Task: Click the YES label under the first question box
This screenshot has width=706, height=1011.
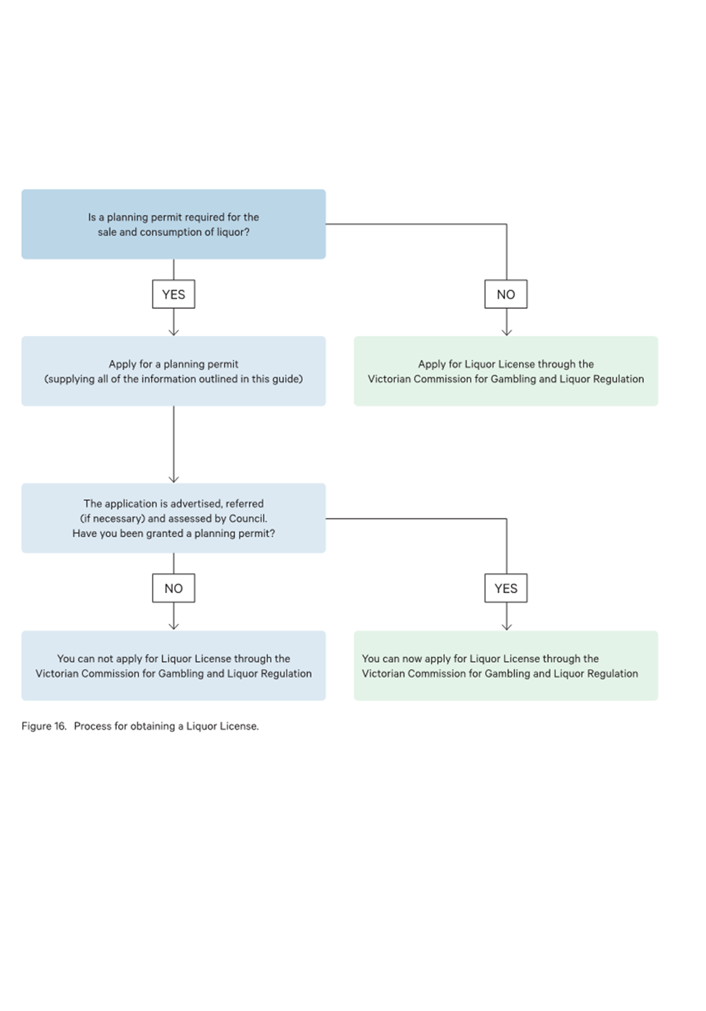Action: pos(174,294)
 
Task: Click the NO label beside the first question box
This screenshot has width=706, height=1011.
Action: pos(506,294)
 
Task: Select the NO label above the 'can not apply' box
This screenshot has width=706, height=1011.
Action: pos(174,588)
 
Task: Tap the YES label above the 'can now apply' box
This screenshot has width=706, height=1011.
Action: pos(506,588)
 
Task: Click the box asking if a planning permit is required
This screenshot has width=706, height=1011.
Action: pos(174,224)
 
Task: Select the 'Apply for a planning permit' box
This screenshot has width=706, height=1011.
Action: pos(174,371)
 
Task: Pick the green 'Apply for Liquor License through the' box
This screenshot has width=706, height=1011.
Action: pos(506,371)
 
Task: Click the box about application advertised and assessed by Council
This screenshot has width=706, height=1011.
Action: pos(174,518)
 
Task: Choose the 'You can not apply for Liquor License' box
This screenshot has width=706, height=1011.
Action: pos(174,665)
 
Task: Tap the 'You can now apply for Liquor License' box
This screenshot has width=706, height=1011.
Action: pos(506,665)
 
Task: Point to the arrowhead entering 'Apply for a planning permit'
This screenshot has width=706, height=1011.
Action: pos(174,332)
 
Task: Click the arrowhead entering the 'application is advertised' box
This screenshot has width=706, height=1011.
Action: pos(174,480)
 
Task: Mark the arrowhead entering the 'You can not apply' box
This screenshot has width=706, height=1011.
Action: pos(174,627)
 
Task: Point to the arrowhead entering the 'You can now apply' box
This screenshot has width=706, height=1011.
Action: pos(507,627)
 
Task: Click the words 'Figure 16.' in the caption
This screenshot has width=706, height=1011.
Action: pos(44,726)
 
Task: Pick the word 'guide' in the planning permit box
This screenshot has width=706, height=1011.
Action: pos(287,379)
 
